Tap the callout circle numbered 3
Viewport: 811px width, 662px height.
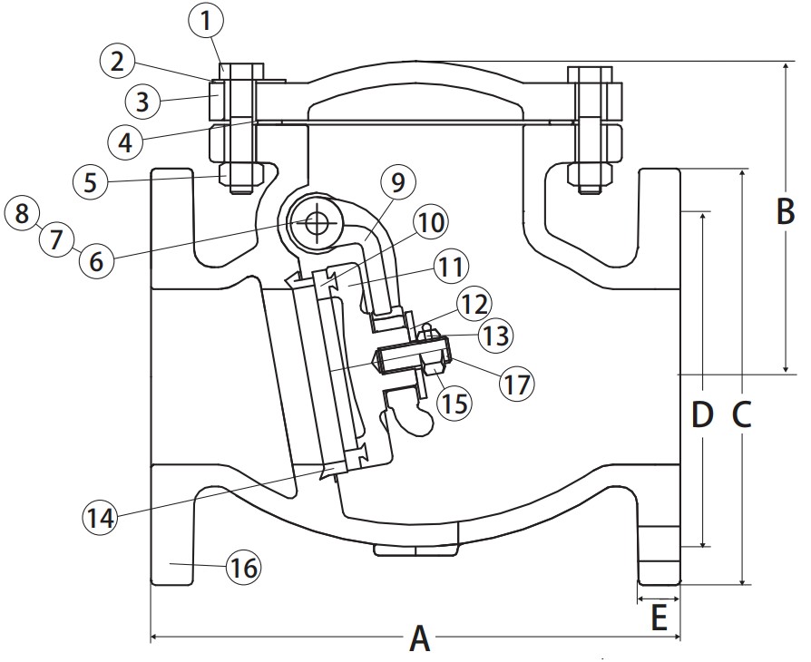[x=142, y=101]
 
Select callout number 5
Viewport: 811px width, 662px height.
[x=90, y=182]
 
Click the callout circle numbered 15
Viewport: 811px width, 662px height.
[x=454, y=400]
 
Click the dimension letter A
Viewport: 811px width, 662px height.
[x=419, y=638]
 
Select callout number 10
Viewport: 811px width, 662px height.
[x=432, y=221]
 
